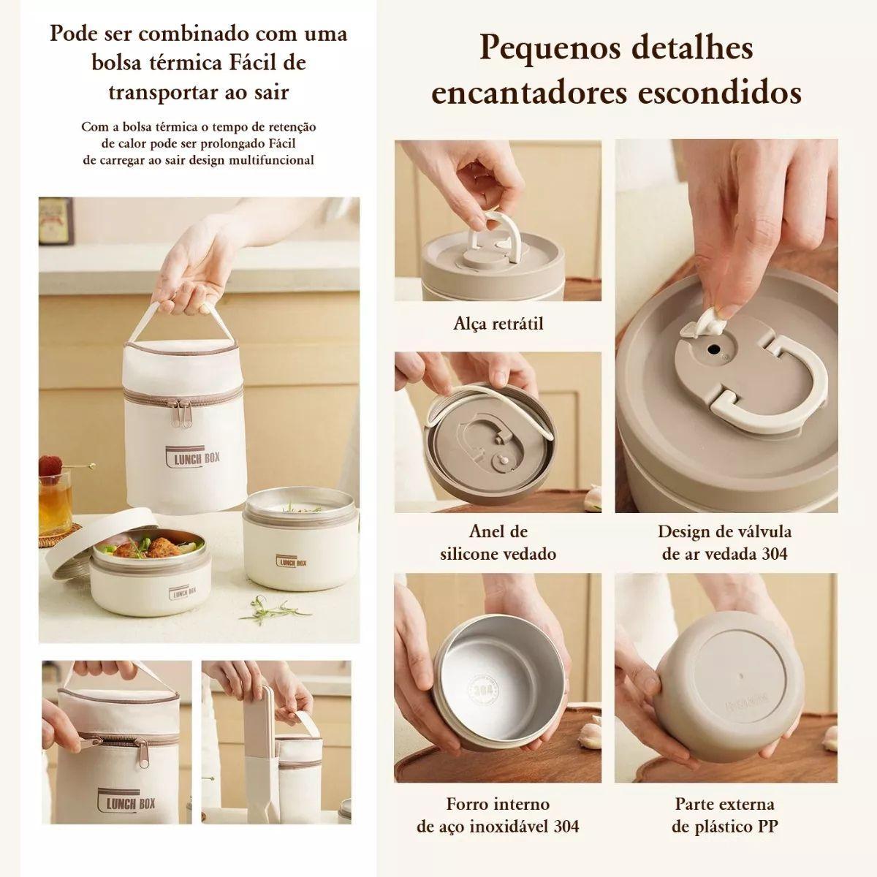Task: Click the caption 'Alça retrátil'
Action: pyautogui.click(x=498, y=323)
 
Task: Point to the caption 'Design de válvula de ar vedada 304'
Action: pyautogui.click(x=724, y=542)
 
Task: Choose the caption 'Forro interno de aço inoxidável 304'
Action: pyautogui.click(x=498, y=815)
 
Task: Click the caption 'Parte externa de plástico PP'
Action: pyautogui.click(x=724, y=815)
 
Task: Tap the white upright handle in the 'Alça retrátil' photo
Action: pyautogui.click(x=496, y=232)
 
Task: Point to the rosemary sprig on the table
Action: pyautogui.click(x=270, y=608)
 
